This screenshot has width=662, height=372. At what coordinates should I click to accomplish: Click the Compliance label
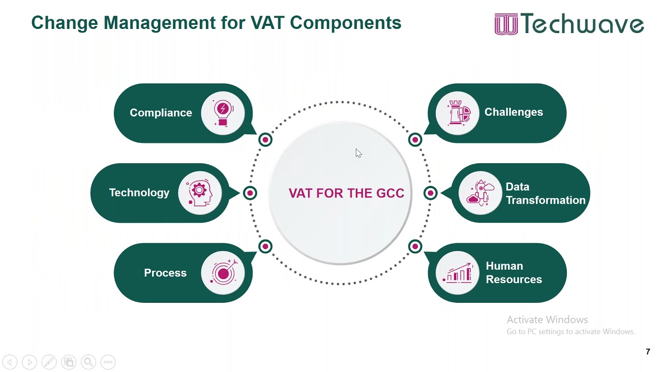tap(160, 113)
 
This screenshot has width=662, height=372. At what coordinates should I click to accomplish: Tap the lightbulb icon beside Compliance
tap(223, 113)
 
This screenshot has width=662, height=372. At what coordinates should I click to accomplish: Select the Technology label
tap(139, 193)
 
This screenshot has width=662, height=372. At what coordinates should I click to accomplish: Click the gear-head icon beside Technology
tap(200, 193)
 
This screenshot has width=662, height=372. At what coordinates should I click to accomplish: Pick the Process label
tap(165, 273)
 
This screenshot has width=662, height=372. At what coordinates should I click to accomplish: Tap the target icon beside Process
tap(223, 273)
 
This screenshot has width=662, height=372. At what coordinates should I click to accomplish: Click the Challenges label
tap(514, 112)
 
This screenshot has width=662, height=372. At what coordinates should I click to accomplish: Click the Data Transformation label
tap(545, 193)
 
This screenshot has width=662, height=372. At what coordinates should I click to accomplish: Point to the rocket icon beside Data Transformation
tap(480, 193)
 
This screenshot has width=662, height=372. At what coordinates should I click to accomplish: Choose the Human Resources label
tap(514, 273)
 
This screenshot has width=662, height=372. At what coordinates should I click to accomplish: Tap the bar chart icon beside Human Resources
tap(457, 273)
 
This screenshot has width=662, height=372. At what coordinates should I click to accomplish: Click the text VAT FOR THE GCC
tap(346, 193)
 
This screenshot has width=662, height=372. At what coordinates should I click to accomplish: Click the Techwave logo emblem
tap(506, 24)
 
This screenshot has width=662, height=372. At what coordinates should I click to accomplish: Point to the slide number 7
tap(648, 352)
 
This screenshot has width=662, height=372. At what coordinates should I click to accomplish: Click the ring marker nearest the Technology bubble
tap(250, 193)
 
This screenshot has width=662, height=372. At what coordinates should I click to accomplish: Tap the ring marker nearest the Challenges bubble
tap(415, 139)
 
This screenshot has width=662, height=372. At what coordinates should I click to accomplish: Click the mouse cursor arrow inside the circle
tap(358, 153)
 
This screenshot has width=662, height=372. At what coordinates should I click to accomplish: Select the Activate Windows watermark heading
tap(547, 320)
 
